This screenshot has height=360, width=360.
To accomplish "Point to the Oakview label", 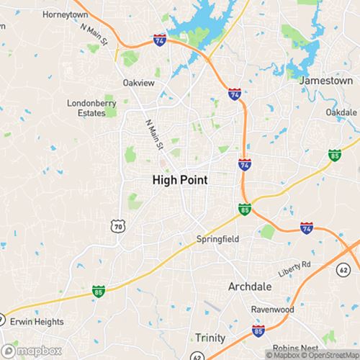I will point(139,83).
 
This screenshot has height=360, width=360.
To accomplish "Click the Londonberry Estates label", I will point(91,107).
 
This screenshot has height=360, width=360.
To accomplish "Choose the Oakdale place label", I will point(341,113).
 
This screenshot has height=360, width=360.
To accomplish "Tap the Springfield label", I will point(218,238).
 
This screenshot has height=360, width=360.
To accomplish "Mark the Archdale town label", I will point(250,286).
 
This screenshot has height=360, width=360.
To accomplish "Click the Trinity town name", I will point(210,337).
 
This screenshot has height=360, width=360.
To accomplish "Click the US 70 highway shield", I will point(117,226).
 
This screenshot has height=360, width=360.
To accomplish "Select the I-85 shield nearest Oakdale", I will point(334,154).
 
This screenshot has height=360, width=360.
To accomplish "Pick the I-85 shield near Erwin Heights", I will point(98,291).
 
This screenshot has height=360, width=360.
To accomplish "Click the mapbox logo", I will point(27,352).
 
